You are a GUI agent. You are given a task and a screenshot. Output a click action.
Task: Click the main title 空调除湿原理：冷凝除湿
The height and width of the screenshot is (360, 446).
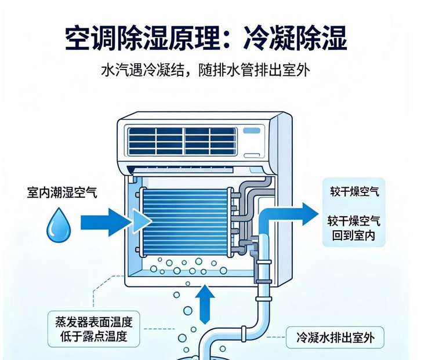(206, 38)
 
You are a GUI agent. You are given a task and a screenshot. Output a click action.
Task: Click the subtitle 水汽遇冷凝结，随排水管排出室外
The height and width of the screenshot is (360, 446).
(205, 70)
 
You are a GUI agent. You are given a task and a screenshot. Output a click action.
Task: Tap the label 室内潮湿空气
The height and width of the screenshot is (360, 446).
(62, 192)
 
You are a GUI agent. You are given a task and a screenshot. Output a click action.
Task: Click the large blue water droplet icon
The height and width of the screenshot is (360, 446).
(59, 225)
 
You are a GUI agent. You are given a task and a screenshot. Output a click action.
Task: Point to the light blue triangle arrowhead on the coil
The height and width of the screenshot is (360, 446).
(142, 221)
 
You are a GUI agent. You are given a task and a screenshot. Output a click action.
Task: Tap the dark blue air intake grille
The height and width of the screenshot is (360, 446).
(182, 141)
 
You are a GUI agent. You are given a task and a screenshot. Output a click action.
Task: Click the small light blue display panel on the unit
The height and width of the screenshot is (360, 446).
(252, 131)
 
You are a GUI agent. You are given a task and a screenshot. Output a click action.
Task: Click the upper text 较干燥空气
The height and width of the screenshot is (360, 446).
(354, 191)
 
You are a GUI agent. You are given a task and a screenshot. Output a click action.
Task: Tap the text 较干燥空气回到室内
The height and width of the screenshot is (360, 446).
(354, 228)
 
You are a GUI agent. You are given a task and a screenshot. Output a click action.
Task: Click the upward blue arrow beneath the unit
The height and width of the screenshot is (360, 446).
(205, 304)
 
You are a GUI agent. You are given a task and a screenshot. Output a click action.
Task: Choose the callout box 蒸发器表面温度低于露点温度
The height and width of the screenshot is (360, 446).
(93, 329)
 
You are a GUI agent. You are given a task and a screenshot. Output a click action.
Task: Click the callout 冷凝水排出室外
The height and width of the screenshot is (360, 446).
(335, 337)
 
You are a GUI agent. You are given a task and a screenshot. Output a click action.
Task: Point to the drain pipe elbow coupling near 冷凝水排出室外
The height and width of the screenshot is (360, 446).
(244, 333)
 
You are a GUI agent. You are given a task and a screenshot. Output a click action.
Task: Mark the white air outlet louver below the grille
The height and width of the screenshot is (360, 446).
(183, 170)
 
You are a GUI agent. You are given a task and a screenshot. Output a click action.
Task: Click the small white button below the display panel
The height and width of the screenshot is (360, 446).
(252, 155)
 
